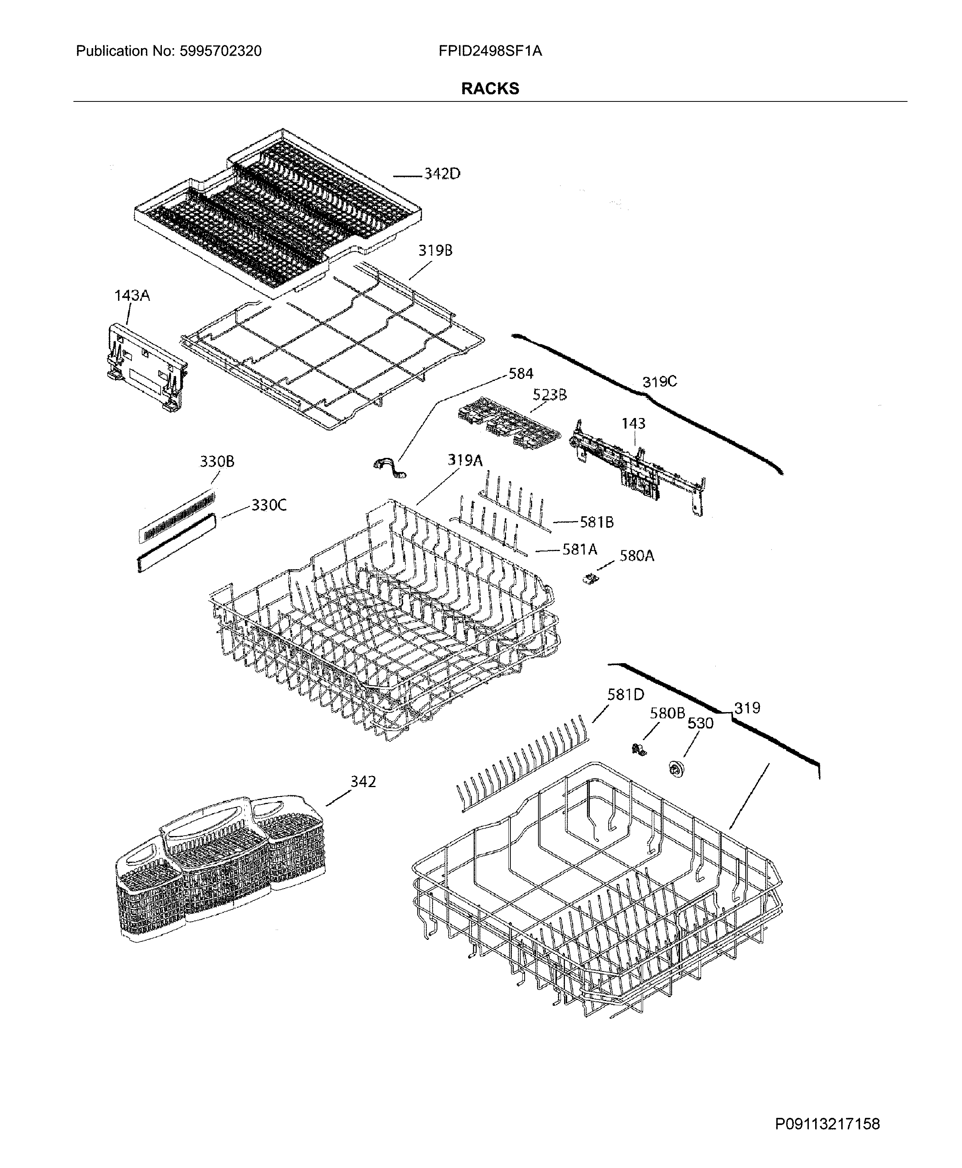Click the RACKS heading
tap(490, 89)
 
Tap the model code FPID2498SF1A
tap(490, 52)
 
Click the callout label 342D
tap(442, 174)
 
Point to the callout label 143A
tap(132, 296)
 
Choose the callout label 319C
tap(660, 382)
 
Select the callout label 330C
tap(269, 505)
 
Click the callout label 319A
tap(465, 460)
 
